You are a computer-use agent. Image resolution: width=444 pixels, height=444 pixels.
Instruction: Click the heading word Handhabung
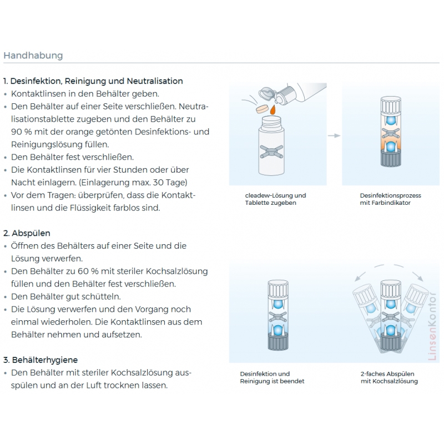(x=33, y=56)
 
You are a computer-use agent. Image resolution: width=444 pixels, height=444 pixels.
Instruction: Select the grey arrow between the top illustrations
(x=333, y=135)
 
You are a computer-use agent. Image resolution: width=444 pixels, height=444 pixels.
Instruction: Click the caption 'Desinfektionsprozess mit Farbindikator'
(x=390, y=199)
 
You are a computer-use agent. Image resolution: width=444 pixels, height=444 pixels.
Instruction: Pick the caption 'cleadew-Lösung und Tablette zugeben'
(x=275, y=199)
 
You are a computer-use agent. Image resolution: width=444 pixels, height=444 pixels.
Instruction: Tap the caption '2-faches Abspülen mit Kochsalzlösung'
(x=389, y=377)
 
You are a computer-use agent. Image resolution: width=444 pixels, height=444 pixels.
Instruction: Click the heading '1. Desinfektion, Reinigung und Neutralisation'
(x=93, y=81)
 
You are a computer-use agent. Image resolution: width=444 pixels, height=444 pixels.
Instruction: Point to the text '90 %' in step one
(x=21, y=132)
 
